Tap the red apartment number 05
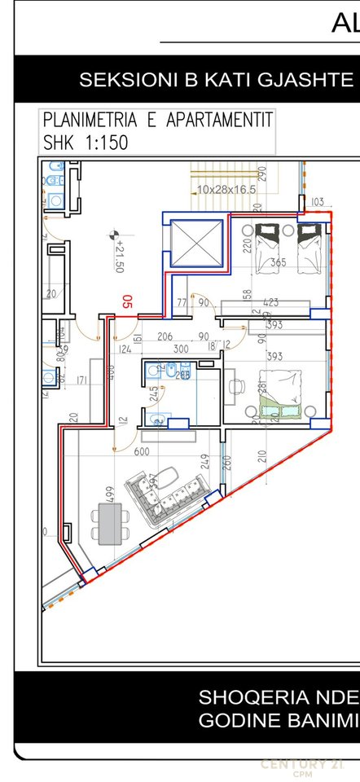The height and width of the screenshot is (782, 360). coord(127,302)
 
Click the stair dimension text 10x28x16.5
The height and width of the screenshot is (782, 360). coord(226,189)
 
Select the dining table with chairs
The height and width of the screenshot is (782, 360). coord(108,521)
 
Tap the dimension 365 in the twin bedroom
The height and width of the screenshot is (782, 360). coord(278,262)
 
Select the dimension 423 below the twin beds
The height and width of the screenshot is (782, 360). coord(271,303)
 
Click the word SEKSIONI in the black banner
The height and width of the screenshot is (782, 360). coord(119,80)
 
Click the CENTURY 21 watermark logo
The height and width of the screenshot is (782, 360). coord(301,765)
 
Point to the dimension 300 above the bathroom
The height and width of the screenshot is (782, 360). coord(180,349)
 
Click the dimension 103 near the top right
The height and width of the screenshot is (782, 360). coord(317,201)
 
